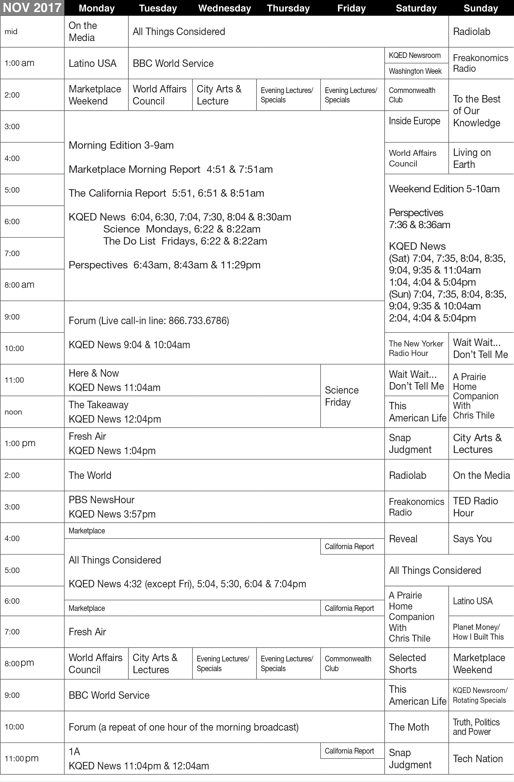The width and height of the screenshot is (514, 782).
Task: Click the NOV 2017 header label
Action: (x=32, y=8)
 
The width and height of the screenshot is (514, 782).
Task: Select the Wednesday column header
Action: (x=225, y=8)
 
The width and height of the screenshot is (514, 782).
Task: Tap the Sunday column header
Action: (x=480, y=8)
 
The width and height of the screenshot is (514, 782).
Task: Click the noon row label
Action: (x=13, y=412)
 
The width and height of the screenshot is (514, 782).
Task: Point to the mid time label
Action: (x=11, y=32)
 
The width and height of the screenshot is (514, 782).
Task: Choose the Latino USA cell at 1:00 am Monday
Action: (x=93, y=63)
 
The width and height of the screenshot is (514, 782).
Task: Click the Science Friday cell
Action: (x=342, y=396)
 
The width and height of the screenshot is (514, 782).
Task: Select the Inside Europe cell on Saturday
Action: (x=414, y=121)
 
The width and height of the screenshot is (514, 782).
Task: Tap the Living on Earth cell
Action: (x=472, y=158)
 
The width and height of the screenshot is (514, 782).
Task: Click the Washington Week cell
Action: (x=415, y=71)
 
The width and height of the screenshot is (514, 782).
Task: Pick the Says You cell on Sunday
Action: (x=472, y=539)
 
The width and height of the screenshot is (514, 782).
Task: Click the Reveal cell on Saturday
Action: (x=403, y=539)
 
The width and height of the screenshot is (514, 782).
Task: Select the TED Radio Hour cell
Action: (x=475, y=507)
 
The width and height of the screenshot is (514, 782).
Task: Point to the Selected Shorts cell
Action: (x=407, y=663)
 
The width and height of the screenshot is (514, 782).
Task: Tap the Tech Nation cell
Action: (x=478, y=759)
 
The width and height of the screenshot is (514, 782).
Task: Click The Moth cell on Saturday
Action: (x=409, y=727)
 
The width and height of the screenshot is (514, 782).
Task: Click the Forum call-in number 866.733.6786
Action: (x=198, y=321)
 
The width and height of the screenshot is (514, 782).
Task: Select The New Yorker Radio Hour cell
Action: (x=416, y=348)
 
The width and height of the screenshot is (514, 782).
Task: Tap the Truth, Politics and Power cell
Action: (x=476, y=727)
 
